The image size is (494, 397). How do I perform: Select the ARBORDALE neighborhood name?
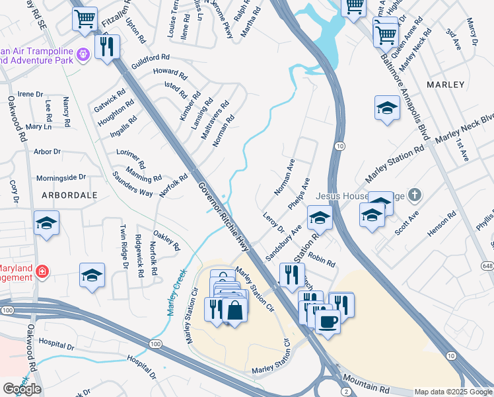click(x=69, y=196)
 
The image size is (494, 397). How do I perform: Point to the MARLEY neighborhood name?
click(x=446, y=85)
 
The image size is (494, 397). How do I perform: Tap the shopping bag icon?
click(x=234, y=310)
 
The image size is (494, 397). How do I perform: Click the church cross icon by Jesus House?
click(x=414, y=195)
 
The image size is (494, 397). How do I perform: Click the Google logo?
click(x=21, y=389)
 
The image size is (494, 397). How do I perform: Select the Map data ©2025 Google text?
click(x=452, y=392)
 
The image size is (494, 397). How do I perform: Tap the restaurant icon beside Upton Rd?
click(x=106, y=46)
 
